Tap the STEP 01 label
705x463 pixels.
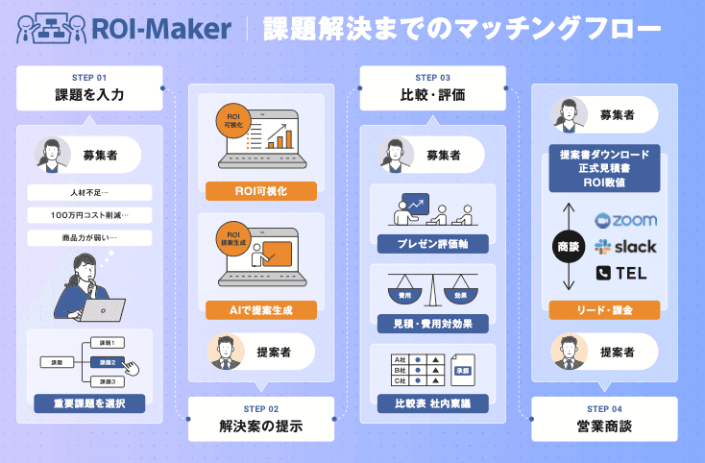click(x=89, y=76)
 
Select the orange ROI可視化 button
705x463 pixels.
click(x=261, y=190)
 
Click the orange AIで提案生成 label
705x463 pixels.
click(x=261, y=309)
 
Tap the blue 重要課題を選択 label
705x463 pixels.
click(x=89, y=402)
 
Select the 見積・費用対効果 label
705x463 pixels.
click(x=431, y=322)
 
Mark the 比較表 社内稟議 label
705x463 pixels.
click(x=431, y=402)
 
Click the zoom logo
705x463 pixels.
click(x=625, y=220)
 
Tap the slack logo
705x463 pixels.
click(x=625, y=246)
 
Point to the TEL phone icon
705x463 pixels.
click(x=604, y=273)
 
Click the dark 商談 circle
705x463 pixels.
click(x=567, y=246)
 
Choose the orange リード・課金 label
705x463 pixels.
click(x=604, y=309)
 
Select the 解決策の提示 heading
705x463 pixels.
click(x=260, y=426)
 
